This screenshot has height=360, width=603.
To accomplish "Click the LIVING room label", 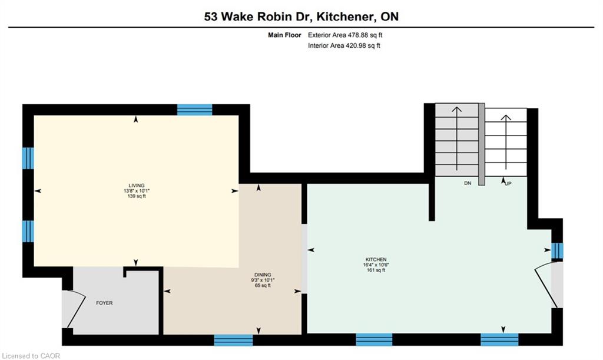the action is click(x=137, y=186).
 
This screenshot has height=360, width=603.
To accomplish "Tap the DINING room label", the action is click(x=263, y=275).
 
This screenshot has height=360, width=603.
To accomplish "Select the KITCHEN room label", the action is click(x=376, y=260).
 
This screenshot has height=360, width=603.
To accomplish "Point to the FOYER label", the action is click(x=104, y=303).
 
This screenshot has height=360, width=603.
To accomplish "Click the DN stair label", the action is click(x=468, y=183).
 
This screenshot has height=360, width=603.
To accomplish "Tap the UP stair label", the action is click(x=508, y=183).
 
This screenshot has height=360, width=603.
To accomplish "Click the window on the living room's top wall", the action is click(x=194, y=110).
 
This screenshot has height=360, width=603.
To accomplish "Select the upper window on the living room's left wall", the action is click(x=28, y=158).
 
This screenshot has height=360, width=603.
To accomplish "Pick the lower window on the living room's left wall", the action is click(x=28, y=231).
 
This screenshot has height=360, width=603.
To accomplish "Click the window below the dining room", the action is click(x=233, y=340).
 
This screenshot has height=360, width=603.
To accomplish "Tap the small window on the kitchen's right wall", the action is click(x=557, y=251).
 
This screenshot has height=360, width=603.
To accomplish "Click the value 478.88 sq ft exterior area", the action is click(x=365, y=35).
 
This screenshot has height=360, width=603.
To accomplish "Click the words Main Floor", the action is click(x=284, y=35).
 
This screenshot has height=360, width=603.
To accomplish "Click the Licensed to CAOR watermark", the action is click(x=31, y=356).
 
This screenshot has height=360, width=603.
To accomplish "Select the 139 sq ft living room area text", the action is click(x=137, y=196).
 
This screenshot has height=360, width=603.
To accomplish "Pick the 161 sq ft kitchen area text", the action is click(x=376, y=270).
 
